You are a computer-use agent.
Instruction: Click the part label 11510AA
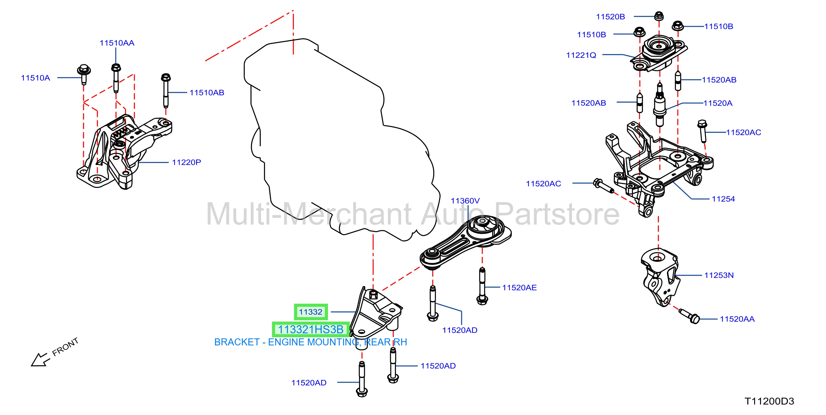117,43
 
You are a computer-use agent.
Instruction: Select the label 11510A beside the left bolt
35,78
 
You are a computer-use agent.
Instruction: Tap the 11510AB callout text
207,93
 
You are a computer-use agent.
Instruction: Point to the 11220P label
186,162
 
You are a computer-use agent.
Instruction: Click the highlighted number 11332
310,312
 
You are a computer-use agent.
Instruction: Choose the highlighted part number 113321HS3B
310,329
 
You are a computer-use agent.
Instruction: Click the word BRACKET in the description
237,342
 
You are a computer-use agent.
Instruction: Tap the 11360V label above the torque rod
465,201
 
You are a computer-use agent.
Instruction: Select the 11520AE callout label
519,287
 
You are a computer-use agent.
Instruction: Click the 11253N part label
719,275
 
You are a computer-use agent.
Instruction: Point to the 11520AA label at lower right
737,319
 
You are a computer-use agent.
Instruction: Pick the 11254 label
723,199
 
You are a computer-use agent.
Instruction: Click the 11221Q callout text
581,55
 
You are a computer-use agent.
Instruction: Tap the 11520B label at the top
610,17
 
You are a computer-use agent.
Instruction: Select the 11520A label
718,103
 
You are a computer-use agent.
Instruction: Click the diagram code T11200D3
769,401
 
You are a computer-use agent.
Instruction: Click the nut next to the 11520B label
659,16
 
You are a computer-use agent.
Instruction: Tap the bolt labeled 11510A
84,74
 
